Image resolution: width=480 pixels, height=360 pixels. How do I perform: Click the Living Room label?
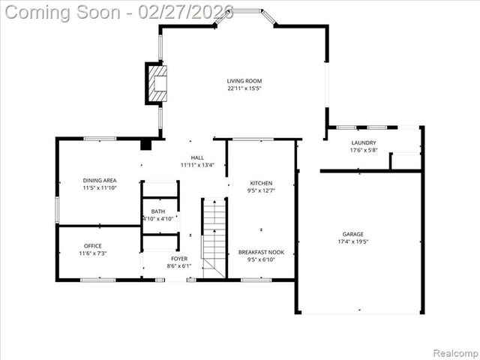point(244,81)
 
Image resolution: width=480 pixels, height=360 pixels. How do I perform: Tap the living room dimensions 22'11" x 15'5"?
point(244,88)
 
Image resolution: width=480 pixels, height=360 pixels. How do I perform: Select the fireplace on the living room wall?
point(157,82)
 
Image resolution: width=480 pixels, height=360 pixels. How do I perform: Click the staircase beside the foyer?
point(214,237)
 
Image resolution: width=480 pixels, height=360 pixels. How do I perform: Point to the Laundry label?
point(363,142)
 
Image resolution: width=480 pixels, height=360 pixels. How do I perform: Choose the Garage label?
point(352,234)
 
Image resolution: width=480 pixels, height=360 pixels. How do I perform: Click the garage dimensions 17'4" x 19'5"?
point(352,241)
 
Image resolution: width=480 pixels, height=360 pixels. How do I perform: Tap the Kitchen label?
point(261,183)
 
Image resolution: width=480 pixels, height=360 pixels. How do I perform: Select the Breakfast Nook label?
point(261,252)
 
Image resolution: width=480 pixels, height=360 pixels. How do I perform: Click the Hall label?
point(197,157)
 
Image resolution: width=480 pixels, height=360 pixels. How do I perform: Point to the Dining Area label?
point(99,180)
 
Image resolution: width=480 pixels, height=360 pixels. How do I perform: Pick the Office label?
point(93,246)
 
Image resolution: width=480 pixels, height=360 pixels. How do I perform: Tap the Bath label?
point(158,211)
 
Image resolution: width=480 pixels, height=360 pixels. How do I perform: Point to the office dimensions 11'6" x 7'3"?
point(93,253)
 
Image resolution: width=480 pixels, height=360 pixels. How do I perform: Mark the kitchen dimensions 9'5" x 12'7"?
point(261,190)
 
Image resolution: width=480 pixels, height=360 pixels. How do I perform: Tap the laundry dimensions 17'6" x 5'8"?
point(363,150)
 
